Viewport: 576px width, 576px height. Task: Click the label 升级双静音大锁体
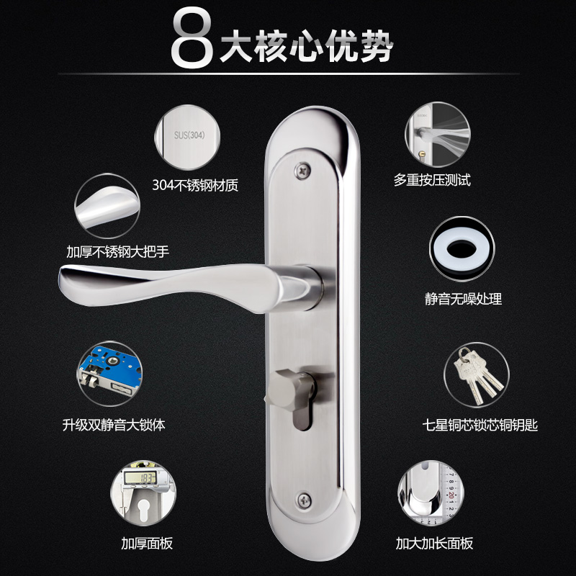(x=114, y=425)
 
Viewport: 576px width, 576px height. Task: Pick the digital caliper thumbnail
(x=140, y=491)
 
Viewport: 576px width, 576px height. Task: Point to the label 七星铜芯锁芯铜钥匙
(x=481, y=425)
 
